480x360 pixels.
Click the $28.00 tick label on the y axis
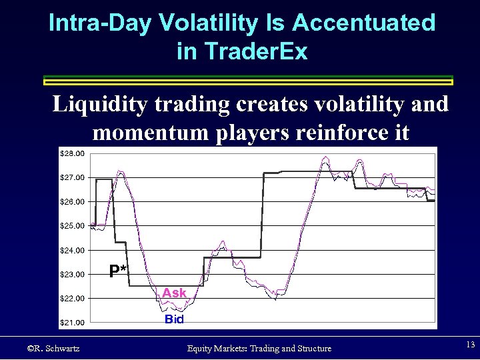coord(73,153)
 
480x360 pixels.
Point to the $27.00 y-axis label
coord(73,177)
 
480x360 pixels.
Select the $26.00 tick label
coord(73,201)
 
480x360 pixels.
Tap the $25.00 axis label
coord(73,226)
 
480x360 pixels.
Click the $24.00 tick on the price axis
coord(73,250)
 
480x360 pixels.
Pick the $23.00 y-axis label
coord(73,274)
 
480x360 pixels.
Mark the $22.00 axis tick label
coord(73,298)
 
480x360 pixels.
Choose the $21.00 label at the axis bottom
coord(73,323)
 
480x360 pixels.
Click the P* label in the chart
coord(119,270)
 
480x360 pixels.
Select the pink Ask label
coord(175,293)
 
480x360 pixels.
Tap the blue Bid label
coord(174,319)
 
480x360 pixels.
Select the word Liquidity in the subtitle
coord(99,105)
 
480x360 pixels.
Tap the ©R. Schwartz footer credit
coord(53,348)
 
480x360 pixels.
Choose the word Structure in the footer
coord(309,348)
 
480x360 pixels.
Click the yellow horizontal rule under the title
coord(248,81)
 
